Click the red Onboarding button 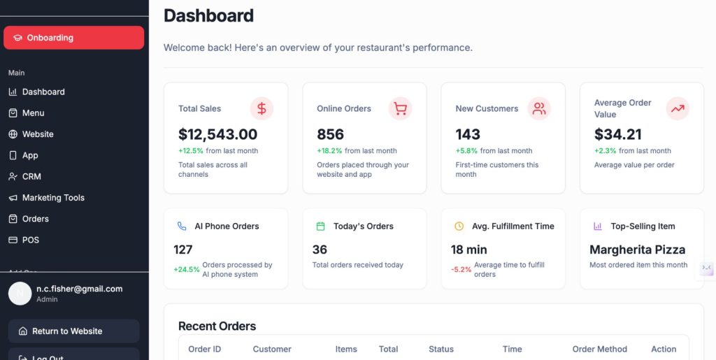click(x=73, y=38)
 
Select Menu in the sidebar click(x=33, y=113)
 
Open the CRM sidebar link click(x=31, y=177)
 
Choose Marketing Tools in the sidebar click(x=53, y=198)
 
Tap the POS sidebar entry click(x=30, y=240)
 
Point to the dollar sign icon click(x=262, y=108)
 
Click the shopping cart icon click(x=400, y=108)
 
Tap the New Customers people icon click(x=539, y=108)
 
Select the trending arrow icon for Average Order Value click(x=678, y=108)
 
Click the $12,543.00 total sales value click(x=217, y=134)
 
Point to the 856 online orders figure click(x=330, y=134)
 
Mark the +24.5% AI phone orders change click(x=187, y=269)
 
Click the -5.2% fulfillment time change click(x=461, y=269)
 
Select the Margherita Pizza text click(x=637, y=250)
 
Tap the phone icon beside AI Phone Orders click(x=182, y=226)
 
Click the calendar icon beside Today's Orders click(x=321, y=226)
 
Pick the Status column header click(x=441, y=349)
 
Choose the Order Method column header click(x=599, y=349)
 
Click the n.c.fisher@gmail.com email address click(x=79, y=289)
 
